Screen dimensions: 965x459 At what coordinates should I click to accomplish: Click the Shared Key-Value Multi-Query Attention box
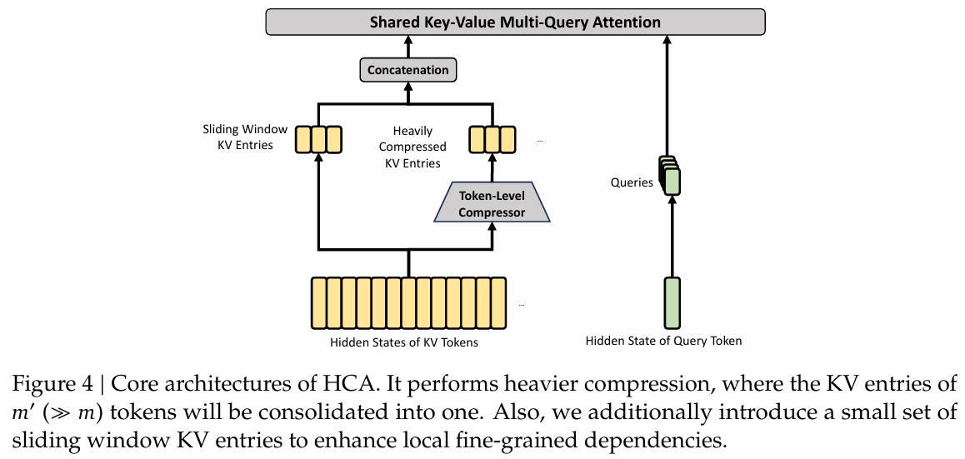(515, 22)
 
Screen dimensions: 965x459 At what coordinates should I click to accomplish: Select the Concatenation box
(408, 69)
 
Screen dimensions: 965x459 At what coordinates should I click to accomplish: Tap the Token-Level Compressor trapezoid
(492, 203)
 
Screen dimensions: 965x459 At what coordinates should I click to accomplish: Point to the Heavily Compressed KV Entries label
(412, 147)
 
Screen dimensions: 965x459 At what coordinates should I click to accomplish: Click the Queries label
(632, 182)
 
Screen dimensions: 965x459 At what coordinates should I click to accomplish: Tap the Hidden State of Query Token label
(663, 340)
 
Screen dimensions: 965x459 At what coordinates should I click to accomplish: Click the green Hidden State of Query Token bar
(672, 302)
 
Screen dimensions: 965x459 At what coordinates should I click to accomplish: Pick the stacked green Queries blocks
(670, 175)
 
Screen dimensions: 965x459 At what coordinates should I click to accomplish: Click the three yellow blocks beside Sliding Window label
(317, 139)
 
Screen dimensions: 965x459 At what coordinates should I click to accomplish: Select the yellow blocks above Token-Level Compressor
(492, 139)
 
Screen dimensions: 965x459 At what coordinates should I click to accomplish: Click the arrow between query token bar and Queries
(672, 237)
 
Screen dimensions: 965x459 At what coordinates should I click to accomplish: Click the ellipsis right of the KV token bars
(522, 305)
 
